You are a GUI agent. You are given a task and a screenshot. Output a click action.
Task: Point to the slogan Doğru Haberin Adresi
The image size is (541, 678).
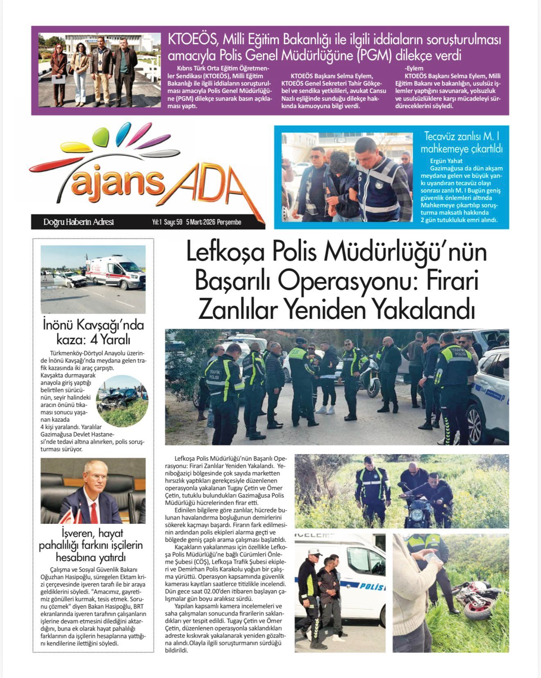coord(78,222)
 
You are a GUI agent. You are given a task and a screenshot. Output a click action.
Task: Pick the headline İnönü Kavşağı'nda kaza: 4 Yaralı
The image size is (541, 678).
coord(93,332)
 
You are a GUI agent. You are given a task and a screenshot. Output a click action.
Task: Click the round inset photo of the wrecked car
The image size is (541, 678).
coord(122,401)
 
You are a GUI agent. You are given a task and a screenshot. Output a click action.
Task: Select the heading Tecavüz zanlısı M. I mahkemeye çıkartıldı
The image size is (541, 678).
coord(461,142)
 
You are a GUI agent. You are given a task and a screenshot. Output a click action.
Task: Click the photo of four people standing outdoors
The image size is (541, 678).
coord(100,70)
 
